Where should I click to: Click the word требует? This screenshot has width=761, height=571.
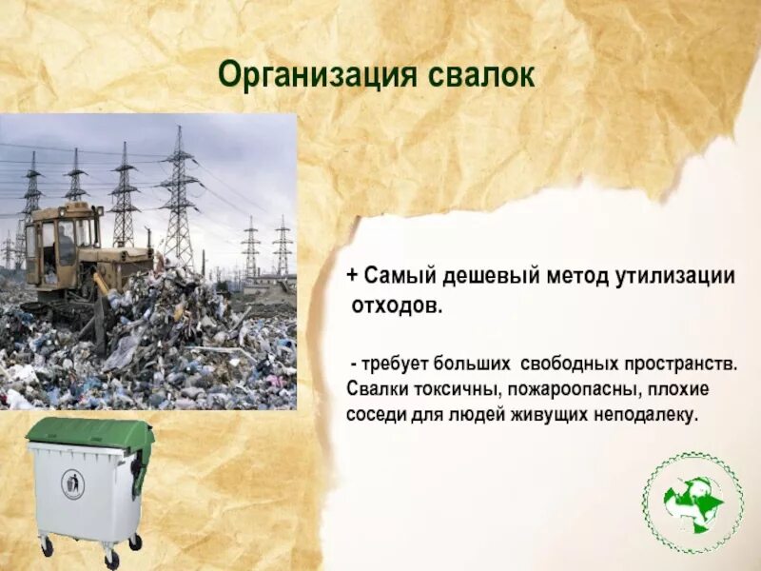[395, 364]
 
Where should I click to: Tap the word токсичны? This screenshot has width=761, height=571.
[453, 390]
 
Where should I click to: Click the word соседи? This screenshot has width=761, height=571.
[374, 416]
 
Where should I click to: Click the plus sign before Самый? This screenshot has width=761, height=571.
[351, 277]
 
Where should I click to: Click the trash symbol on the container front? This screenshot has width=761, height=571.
[72, 484]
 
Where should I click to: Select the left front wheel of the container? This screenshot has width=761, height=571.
[46, 546]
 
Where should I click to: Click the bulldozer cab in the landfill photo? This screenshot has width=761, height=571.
[63, 238]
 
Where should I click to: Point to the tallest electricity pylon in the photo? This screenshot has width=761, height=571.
[178, 195]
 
